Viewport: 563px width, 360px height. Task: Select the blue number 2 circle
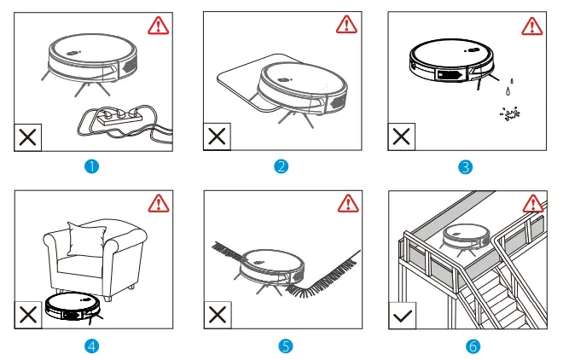(x=281, y=165)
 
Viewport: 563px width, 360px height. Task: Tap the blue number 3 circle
(x=466, y=165)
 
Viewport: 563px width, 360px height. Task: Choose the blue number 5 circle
(x=281, y=346)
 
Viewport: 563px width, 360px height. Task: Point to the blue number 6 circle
(x=466, y=346)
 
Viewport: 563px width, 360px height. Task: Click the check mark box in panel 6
(x=403, y=316)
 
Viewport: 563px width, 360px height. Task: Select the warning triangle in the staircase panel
(x=533, y=204)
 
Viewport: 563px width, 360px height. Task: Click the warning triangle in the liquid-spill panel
(x=533, y=25)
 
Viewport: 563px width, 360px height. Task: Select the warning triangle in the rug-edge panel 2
(x=347, y=25)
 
